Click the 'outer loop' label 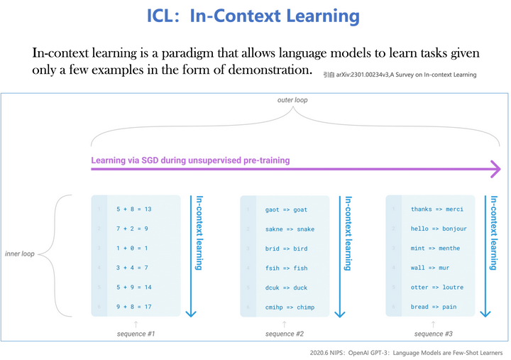(x=292, y=100)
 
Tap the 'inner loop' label (x=19, y=253)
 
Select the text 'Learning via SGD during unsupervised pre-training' (x=190, y=160)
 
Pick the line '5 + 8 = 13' (x=135, y=209)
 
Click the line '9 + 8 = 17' (x=135, y=307)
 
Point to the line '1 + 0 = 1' (x=132, y=249)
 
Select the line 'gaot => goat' (x=286, y=210)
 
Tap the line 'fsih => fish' (x=286, y=268)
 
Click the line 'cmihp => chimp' (x=290, y=307)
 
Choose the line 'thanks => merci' (x=436, y=209)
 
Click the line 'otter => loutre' (x=436, y=288)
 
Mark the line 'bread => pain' (x=433, y=307)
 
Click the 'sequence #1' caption (x=136, y=333)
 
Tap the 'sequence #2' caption (x=284, y=333)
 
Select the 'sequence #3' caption (x=433, y=333)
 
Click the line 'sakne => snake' (x=290, y=229)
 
